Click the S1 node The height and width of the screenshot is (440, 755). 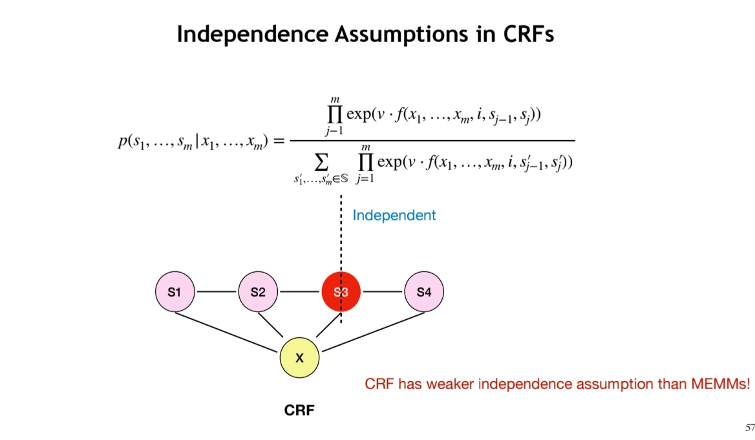(175, 292)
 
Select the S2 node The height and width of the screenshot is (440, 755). (258, 292)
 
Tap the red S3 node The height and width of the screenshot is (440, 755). (341, 292)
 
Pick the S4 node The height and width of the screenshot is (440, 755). (424, 292)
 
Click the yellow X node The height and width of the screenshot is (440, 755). (299, 357)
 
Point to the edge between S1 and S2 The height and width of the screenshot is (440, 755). (216, 292)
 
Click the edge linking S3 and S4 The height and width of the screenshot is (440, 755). (382, 292)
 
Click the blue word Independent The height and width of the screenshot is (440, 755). (394, 215)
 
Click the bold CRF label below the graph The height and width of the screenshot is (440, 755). (299, 410)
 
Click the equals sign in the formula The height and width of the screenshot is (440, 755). (278, 141)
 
